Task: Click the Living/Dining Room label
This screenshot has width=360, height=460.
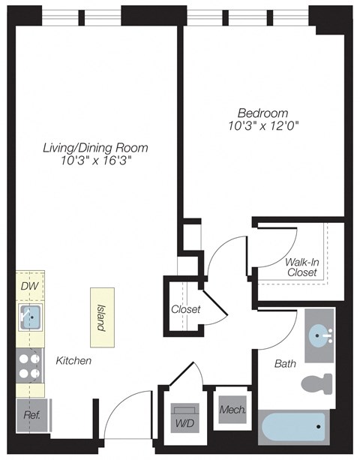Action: point(94,147)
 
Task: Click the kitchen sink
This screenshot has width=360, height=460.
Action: point(31,317)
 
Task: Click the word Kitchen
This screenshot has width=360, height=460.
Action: point(73,361)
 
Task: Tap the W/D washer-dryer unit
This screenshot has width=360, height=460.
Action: point(185,416)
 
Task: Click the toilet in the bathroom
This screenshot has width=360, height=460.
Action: point(316,383)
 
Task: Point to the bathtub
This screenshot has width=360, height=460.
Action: point(294,428)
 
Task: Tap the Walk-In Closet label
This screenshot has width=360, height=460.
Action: point(301,267)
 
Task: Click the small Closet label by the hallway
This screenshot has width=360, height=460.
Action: point(184,309)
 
